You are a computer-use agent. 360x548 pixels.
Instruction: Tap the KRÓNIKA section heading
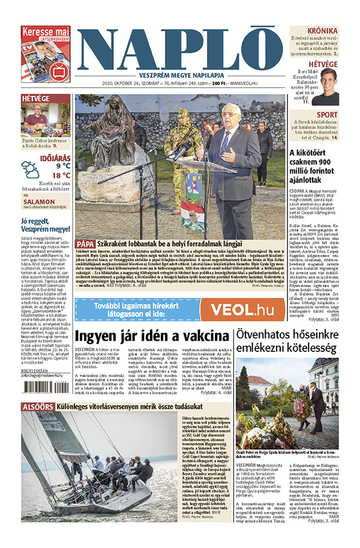click(x=322, y=31)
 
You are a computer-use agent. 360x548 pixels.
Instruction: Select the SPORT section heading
click(x=327, y=115)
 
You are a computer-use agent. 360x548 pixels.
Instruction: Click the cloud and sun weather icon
click(x=31, y=170)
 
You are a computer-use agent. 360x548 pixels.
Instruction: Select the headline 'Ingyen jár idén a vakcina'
click(x=152, y=336)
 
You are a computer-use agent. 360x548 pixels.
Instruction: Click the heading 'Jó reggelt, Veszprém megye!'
click(x=46, y=225)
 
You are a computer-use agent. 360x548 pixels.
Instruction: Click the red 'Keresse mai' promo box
click(x=46, y=54)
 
